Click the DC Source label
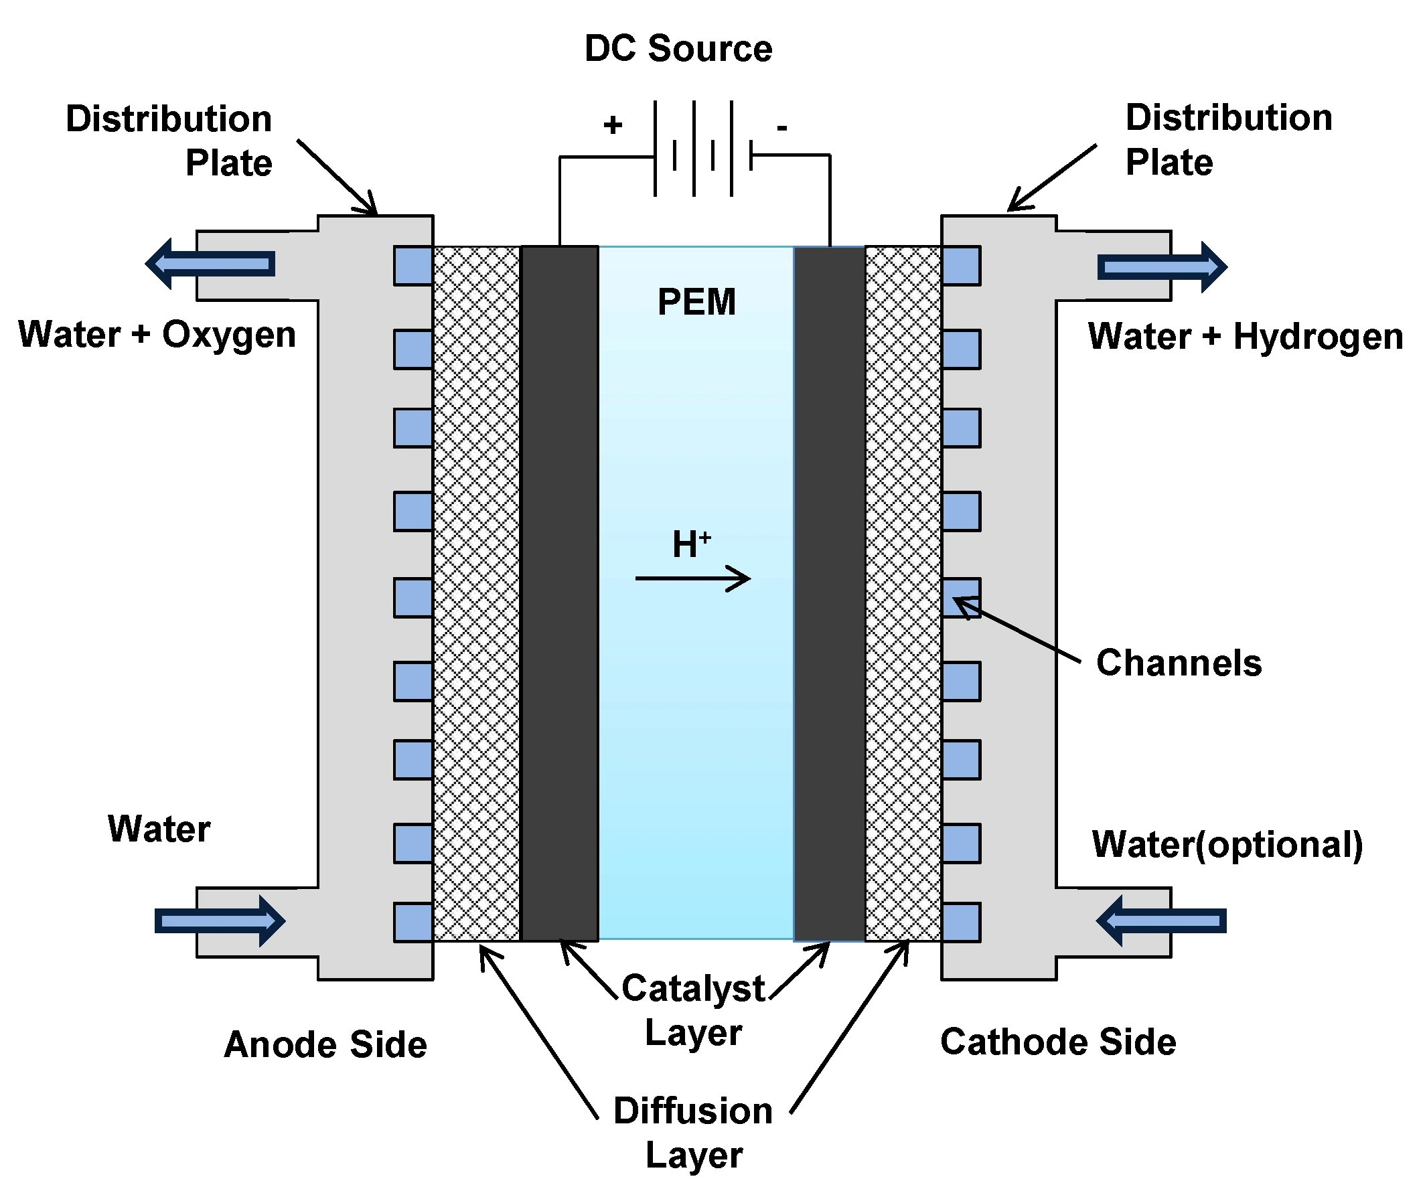click(x=678, y=49)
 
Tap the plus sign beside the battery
click(x=613, y=125)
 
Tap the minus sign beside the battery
click(x=782, y=127)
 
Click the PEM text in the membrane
click(x=696, y=302)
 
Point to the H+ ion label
click(x=692, y=544)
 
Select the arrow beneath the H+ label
click(x=693, y=578)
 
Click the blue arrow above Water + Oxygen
click(x=211, y=264)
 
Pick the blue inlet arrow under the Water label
click(x=220, y=921)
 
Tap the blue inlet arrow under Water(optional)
click(x=1161, y=921)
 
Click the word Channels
click(x=1178, y=663)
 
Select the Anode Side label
click(x=325, y=1044)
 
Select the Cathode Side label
click(x=1058, y=1041)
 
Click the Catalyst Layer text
click(x=694, y=1010)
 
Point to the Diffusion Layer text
click(x=693, y=1133)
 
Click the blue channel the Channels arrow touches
click(x=962, y=597)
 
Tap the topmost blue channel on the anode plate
click(x=412, y=266)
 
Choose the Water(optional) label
click(x=1227, y=845)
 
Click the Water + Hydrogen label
click(x=1245, y=337)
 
